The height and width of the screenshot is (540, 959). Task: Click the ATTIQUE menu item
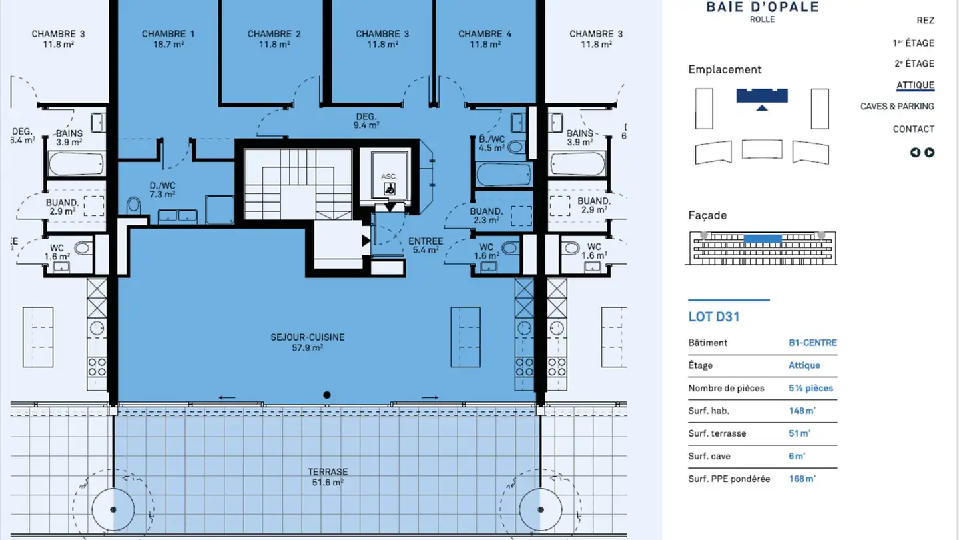(915, 85)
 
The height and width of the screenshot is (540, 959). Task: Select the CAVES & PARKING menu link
(897, 106)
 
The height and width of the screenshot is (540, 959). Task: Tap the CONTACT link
(913, 129)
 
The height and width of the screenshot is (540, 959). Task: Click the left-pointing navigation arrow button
(915, 153)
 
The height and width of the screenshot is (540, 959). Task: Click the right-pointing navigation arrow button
(929, 153)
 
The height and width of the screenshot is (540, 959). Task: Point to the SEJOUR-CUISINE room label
(308, 337)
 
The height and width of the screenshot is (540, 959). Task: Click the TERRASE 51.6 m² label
(328, 477)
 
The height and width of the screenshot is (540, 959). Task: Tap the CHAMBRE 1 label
(168, 34)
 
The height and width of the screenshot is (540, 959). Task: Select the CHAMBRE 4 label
(485, 34)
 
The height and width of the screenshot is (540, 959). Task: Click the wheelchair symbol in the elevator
(389, 189)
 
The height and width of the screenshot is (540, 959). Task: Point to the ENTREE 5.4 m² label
(425, 245)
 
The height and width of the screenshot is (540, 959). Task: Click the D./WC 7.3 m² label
(162, 190)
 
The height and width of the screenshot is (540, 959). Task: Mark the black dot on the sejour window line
(326, 395)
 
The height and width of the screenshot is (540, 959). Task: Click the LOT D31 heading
(714, 317)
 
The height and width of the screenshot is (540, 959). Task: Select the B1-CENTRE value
(812, 343)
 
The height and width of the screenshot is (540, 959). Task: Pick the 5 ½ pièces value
(811, 388)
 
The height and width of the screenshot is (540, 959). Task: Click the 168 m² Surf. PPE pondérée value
(802, 479)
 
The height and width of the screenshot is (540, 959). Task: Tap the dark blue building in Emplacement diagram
(762, 95)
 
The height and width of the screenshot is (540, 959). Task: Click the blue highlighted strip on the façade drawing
(763, 239)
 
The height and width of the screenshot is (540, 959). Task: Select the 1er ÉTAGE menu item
(913, 43)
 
